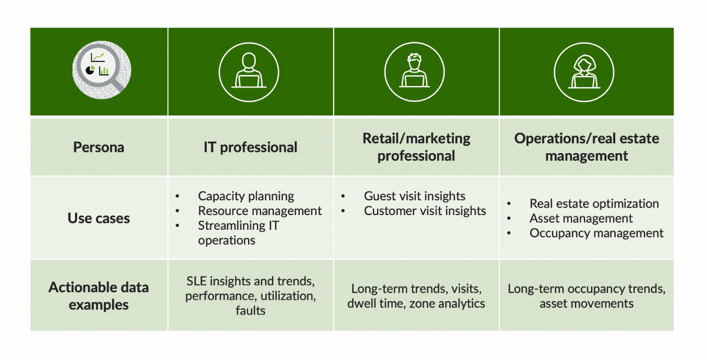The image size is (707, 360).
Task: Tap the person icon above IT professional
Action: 250,71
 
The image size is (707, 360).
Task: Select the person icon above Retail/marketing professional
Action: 416,71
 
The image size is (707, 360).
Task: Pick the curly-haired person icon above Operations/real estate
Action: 586,71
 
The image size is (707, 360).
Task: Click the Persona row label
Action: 98,147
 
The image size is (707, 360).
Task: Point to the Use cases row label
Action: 98,219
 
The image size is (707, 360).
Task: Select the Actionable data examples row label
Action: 98,296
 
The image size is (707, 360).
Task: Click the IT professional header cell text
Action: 250,147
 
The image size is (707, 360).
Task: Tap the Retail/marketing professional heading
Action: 416,147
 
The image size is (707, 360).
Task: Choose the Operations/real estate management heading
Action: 586,147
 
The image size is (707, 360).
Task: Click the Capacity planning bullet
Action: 246,196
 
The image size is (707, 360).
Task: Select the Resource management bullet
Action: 259,211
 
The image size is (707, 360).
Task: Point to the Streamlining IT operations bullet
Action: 238,233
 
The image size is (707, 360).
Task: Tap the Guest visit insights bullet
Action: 414,196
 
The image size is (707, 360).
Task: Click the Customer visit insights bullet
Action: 425,211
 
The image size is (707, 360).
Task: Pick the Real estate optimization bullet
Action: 594,204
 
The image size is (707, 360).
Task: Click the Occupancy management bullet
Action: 596,233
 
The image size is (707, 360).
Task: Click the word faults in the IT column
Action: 250,311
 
